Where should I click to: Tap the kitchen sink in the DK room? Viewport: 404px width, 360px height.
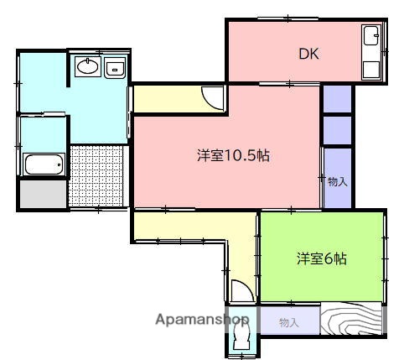370,38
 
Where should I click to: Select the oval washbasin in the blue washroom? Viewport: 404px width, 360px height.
86,66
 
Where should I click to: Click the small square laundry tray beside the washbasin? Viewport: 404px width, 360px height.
115,68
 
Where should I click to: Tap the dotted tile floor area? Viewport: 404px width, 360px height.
98,175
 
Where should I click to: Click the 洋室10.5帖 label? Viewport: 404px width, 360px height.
233,156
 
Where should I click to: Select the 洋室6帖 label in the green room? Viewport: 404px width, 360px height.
321,259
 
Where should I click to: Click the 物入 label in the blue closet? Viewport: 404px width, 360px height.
337,180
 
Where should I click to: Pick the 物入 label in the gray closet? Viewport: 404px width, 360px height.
288,321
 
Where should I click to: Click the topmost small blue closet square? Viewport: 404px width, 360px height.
338,99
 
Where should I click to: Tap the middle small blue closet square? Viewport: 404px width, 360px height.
338,129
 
